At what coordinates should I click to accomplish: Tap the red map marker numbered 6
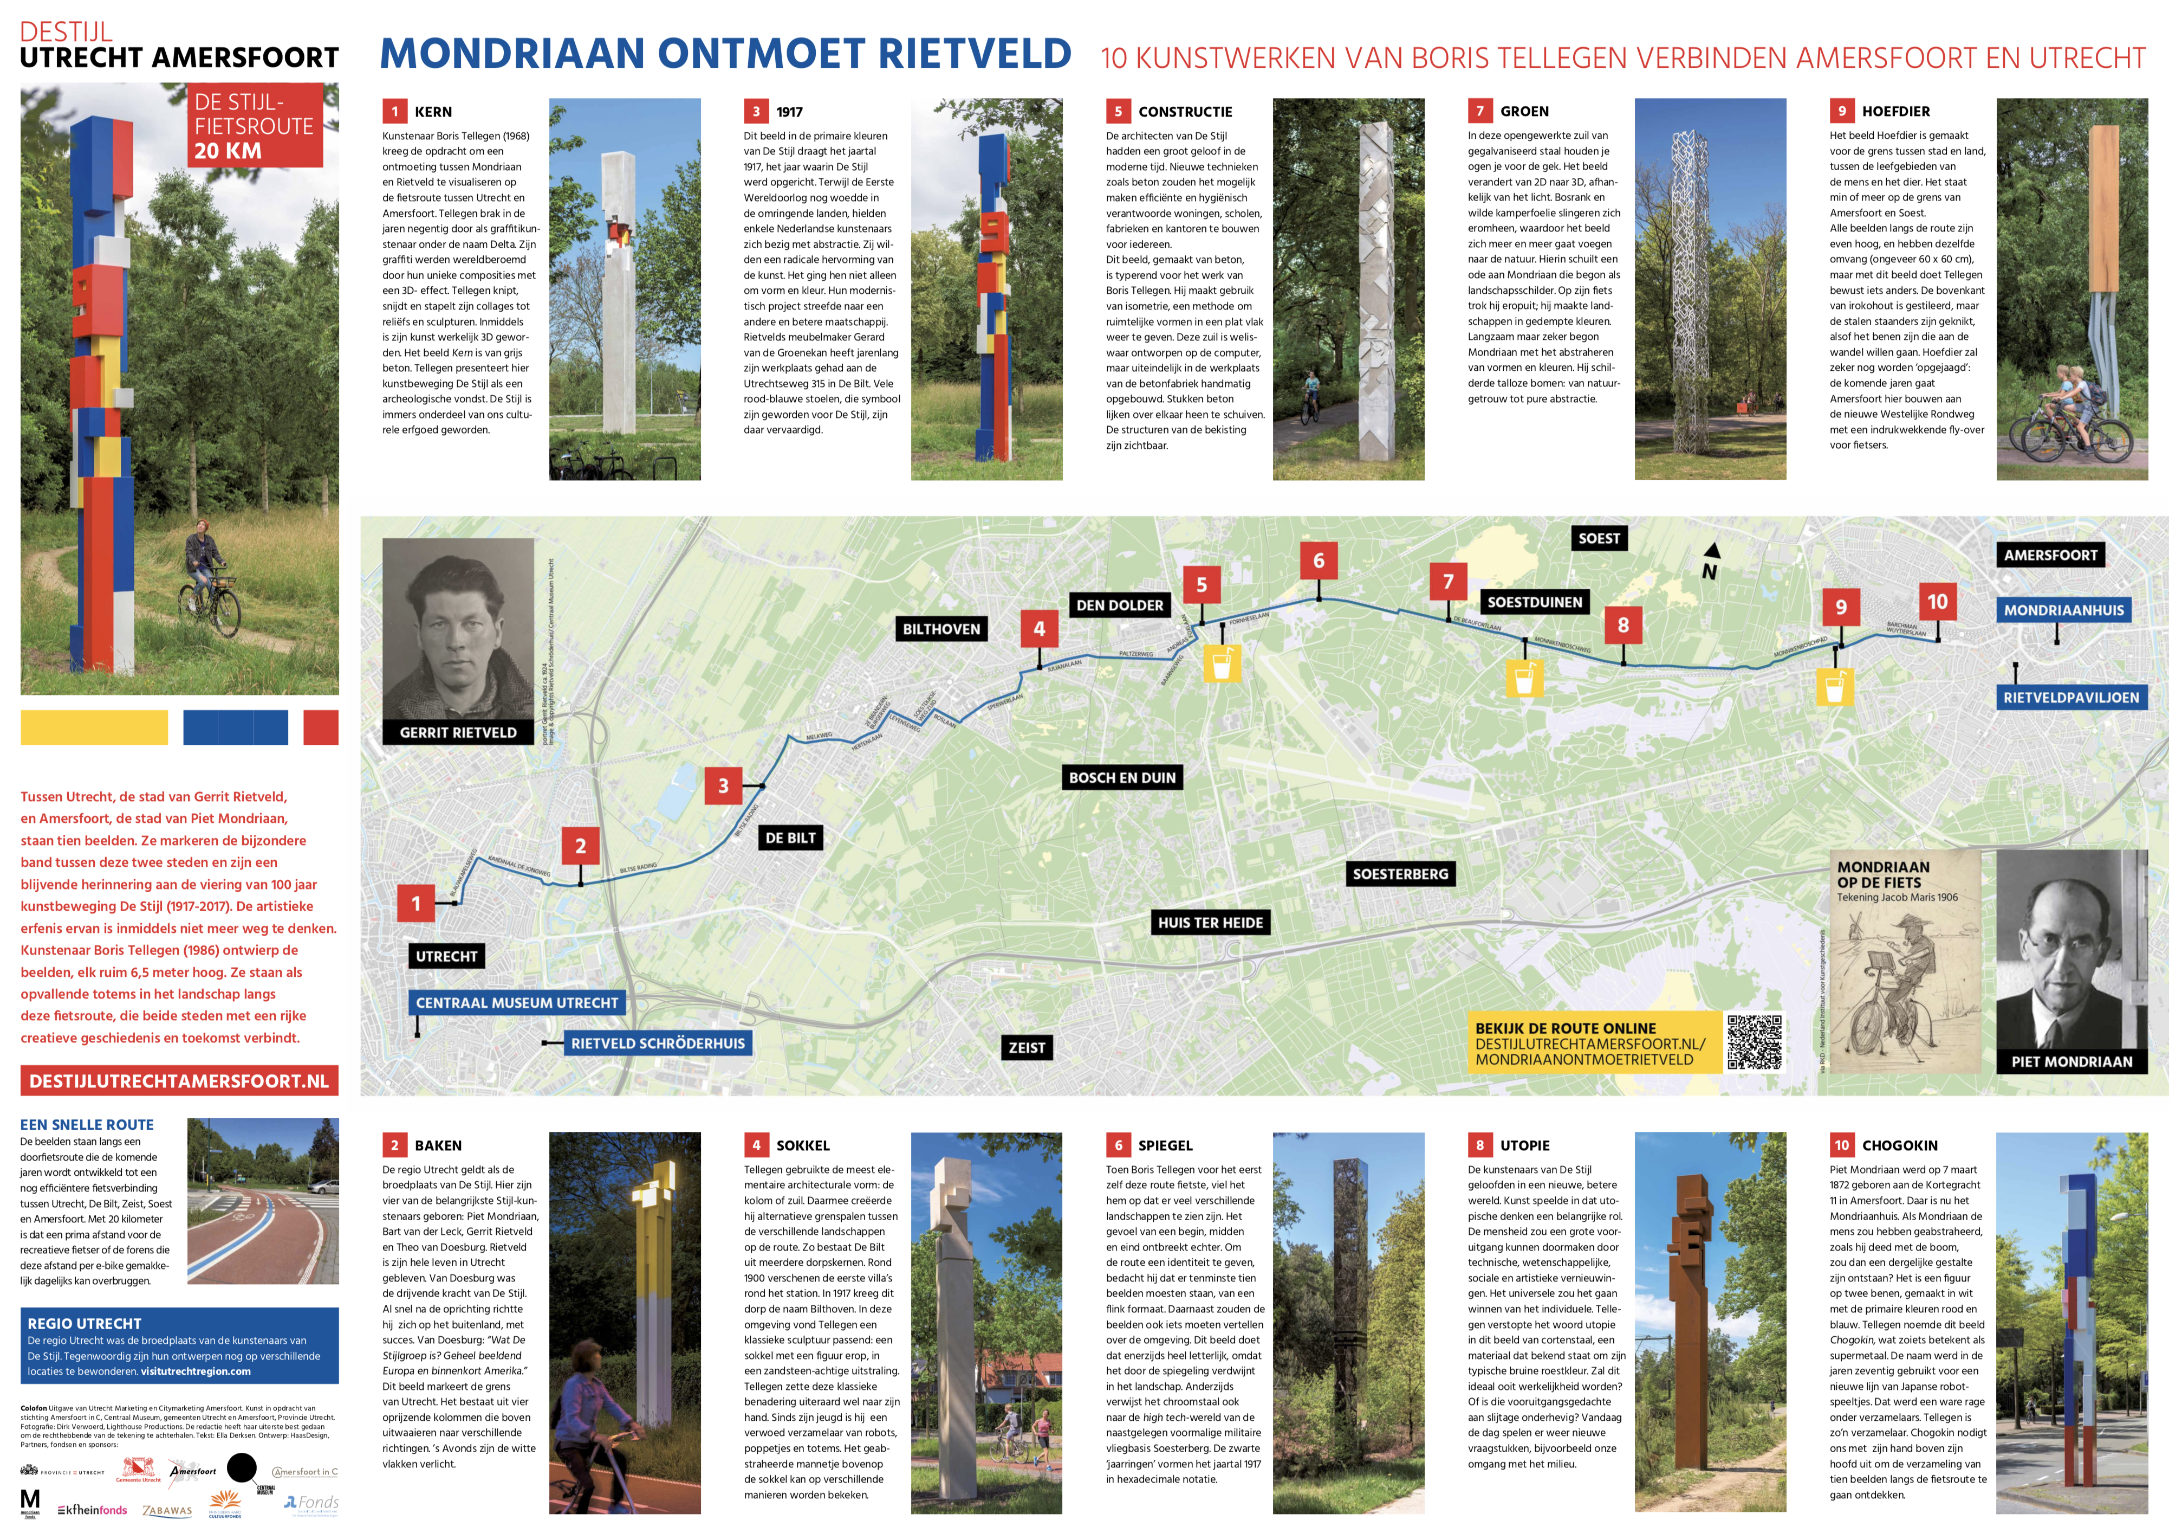[1319, 561]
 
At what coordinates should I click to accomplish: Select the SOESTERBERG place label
[1400, 874]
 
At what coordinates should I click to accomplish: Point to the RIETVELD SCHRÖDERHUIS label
[658, 1044]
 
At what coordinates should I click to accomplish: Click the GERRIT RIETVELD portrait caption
[458, 732]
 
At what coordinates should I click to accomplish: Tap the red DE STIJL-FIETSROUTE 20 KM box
[254, 126]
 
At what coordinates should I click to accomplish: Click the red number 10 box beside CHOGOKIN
[1841, 1145]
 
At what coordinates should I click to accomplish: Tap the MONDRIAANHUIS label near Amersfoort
[2063, 610]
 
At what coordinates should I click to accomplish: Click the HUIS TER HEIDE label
[1210, 923]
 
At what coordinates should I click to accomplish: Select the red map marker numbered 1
[415, 904]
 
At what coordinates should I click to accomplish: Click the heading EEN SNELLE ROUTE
[87, 1125]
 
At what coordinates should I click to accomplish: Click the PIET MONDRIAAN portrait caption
[2071, 1061]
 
